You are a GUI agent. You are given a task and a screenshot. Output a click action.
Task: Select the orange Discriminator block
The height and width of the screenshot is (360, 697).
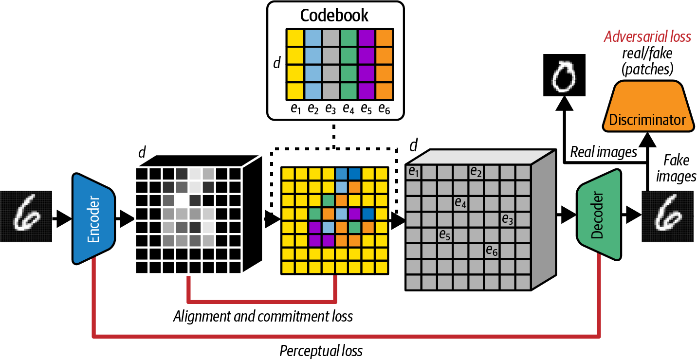(647, 108)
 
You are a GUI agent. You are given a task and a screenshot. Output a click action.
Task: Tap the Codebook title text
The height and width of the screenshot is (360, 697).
(334, 16)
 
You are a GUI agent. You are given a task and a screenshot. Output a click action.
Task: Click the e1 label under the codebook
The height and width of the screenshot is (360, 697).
(295, 109)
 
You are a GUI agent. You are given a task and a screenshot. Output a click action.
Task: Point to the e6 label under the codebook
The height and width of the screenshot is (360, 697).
(384, 109)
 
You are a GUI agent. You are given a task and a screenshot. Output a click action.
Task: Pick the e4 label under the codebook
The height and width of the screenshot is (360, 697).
(348, 109)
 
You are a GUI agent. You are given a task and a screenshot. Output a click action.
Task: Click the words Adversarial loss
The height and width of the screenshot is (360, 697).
(647, 37)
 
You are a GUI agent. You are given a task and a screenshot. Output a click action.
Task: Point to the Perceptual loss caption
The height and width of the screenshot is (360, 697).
(321, 350)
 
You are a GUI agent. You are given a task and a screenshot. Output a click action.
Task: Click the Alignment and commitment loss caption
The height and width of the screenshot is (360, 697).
(263, 317)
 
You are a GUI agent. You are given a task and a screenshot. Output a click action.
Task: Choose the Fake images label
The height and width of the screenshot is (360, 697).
(676, 168)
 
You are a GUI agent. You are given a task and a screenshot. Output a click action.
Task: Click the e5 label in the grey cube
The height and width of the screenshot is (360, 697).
(444, 235)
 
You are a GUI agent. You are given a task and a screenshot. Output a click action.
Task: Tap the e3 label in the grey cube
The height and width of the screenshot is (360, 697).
(508, 219)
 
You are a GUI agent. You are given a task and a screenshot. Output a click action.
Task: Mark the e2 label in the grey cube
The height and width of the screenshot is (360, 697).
(476, 171)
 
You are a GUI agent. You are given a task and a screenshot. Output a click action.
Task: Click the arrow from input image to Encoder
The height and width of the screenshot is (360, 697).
(62, 219)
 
